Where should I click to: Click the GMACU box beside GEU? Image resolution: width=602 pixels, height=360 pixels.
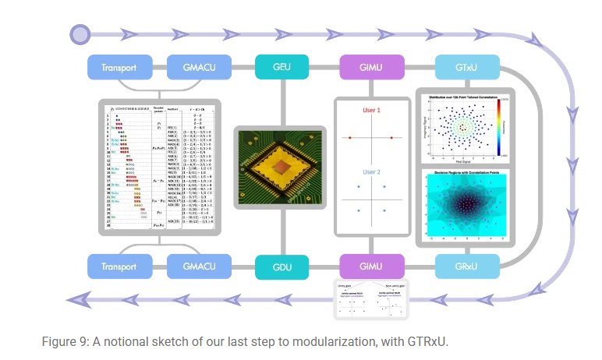click(x=199, y=67)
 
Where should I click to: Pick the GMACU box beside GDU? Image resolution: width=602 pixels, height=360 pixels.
click(x=199, y=266)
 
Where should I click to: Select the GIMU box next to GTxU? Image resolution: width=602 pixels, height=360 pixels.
click(x=371, y=67)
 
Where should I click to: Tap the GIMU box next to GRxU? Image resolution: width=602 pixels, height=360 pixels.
click(x=371, y=266)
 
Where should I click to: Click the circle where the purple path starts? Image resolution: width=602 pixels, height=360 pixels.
click(x=80, y=34)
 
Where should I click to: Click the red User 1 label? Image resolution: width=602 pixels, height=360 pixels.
click(x=370, y=111)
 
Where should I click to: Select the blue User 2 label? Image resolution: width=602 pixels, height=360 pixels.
click(x=370, y=171)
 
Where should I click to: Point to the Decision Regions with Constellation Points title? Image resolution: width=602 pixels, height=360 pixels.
click(x=465, y=169)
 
